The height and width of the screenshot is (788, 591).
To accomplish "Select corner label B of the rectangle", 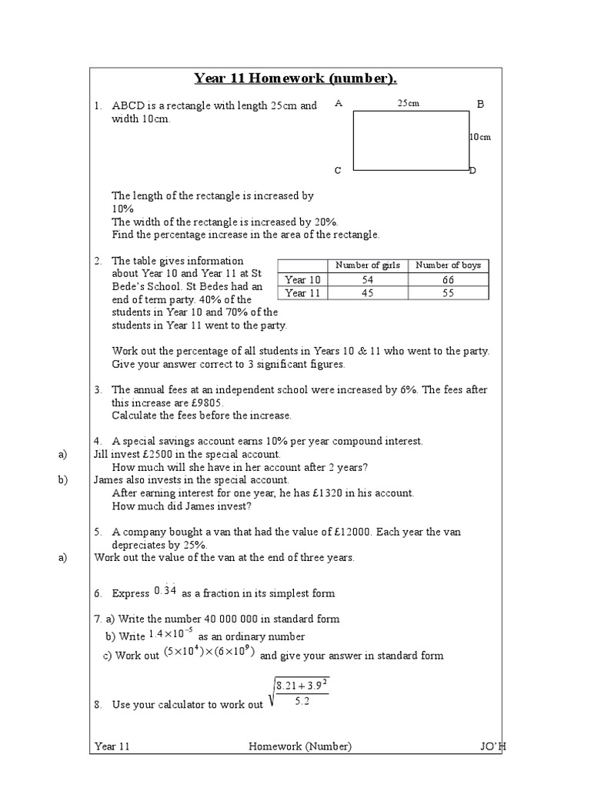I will pos(480,104).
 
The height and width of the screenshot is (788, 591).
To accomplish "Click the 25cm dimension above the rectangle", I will pos(408,103).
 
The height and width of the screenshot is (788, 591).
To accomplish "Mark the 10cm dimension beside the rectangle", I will pos(480,137).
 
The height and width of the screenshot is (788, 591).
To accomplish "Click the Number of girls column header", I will pos(369,265).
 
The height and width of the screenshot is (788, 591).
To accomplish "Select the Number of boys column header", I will pos(448,265).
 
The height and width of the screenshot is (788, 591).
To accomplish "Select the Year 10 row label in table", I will pos(302,280).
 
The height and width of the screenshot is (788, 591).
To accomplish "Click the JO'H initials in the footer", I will pos(488,746).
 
